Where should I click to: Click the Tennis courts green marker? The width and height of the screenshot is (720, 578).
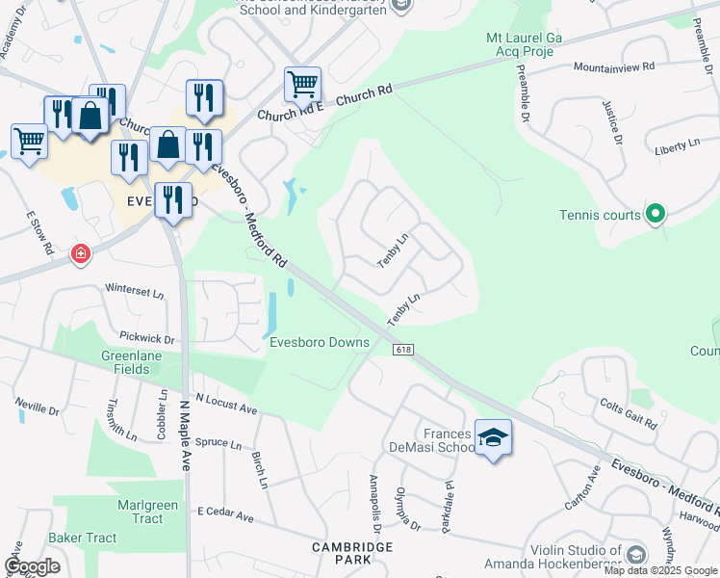coord(656,214)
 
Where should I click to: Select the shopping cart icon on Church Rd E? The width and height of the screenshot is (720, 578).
coord(302,85)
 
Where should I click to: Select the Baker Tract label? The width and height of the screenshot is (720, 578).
coord(83,538)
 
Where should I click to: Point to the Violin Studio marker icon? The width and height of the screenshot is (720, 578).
coord(636,554)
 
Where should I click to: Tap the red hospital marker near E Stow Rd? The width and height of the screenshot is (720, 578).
coord(82,254)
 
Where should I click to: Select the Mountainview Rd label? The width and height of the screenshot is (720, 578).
coord(614,68)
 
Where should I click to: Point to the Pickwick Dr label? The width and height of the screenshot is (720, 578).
coord(147,338)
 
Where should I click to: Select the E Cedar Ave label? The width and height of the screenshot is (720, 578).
coord(225,516)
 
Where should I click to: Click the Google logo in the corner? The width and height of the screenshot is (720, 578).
coord(33,565)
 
